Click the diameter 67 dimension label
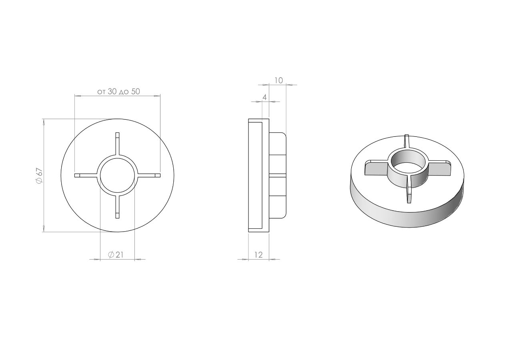[40, 176]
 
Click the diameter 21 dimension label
[116, 255]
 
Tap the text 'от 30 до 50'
[118, 92]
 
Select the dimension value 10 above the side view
[279, 81]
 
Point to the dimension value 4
[264, 97]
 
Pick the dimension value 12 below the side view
[259, 255]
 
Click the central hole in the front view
[117, 175]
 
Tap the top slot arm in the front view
[117, 144]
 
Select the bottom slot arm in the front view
[117, 207]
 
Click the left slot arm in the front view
[86, 175]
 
